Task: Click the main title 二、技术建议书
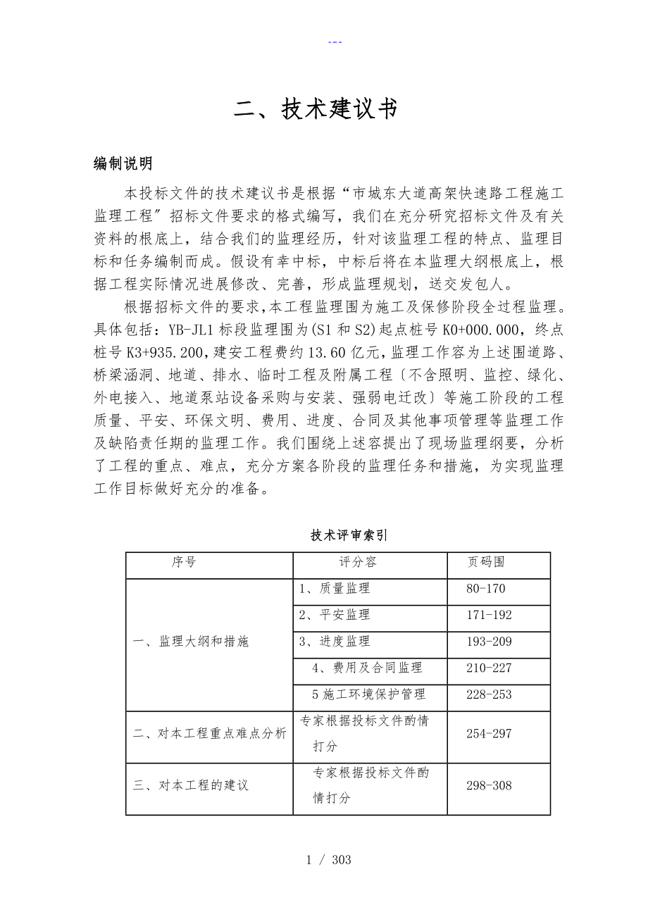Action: pyautogui.click(x=316, y=109)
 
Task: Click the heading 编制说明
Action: pyautogui.click(x=123, y=164)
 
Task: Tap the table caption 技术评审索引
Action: pyautogui.click(x=349, y=535)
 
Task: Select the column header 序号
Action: pyautogui.click(x=184, y=562)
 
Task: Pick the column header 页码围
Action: pyautogui.click(x=486, y=562)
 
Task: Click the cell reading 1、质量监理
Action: pyautogui.click(x=335, y=589)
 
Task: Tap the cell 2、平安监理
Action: pyautogui.click(x=335, y=615)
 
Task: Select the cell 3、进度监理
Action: pyautogui.click(x=335, y=642)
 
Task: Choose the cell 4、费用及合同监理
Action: pyautogui.click(x=367, y=668)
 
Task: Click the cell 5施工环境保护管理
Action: pyautogui.click(x=368, y=694)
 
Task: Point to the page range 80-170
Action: pyautogui.click(x=486, y=589)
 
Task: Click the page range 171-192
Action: pyautogui.click(x=489, y=615)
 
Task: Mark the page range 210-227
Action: pyautogui.click(x=489, y=668)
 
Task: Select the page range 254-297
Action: pyautogui.click(x=489, y=733)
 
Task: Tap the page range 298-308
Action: pyautogui.click(x=489, y=785)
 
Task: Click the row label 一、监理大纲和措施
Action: pyautogui.click(x=191, y=642)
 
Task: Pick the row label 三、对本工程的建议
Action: pyautogui.click(x=191, y=785)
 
